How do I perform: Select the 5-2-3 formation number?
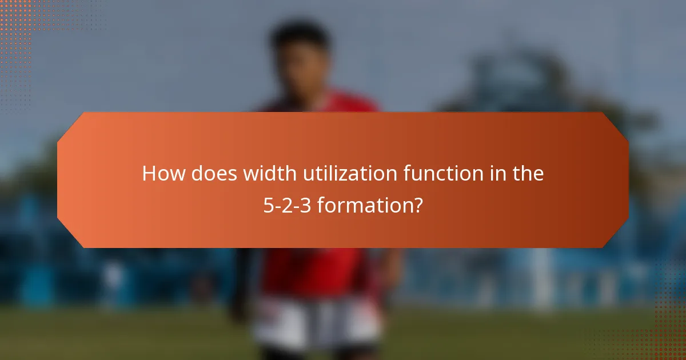point(288,205)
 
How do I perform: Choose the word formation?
point(364,205)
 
